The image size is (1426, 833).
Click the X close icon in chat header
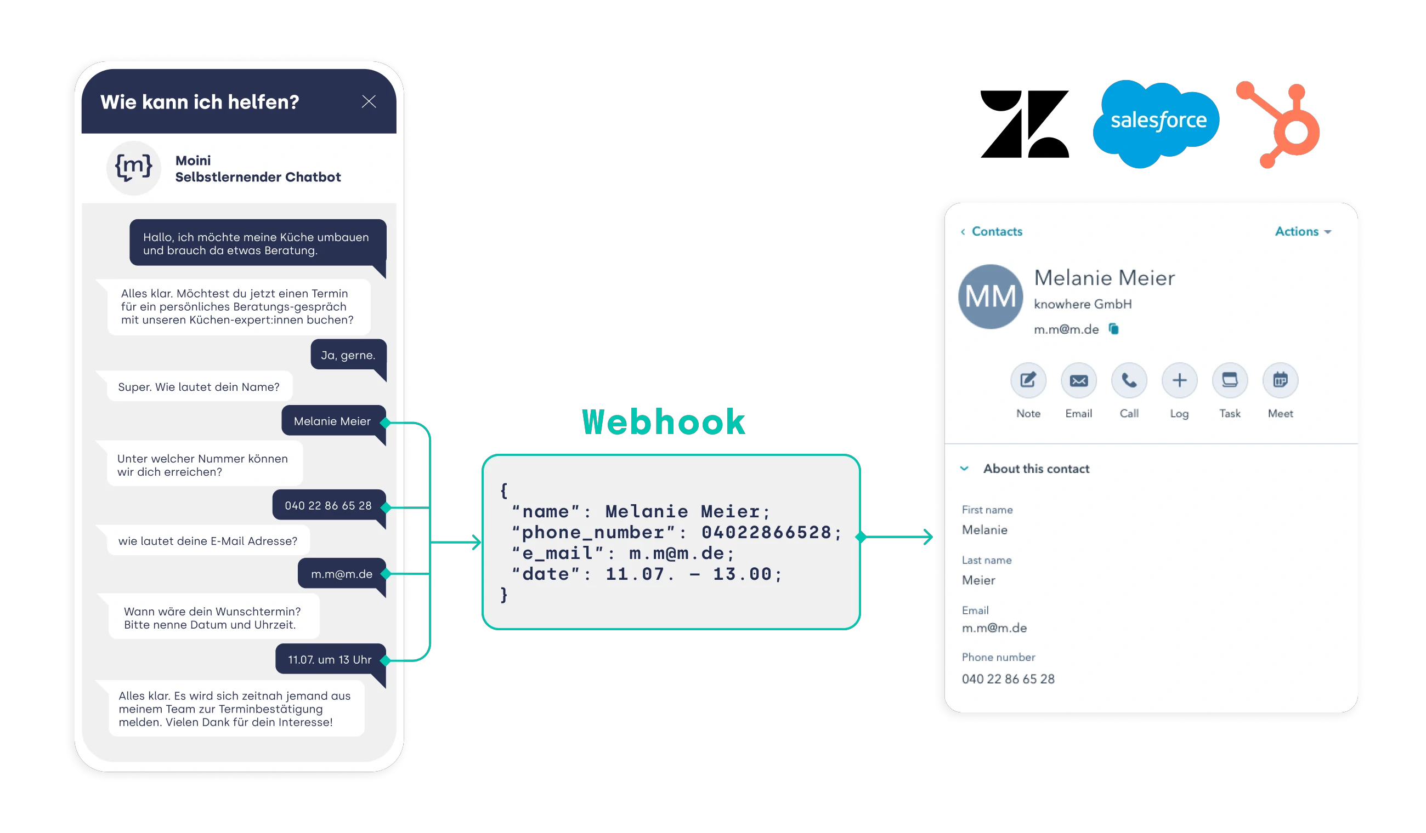coord(369,102)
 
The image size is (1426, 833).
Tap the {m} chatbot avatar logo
coord(133,168)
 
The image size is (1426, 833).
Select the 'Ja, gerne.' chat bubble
coord(348,355)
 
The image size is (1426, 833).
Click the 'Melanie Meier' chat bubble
coord(332,421)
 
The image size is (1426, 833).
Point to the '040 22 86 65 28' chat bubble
coord(328,506)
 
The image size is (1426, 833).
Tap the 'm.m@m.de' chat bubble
coord(341,574)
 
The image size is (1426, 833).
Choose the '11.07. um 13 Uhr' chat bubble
coord(330,659)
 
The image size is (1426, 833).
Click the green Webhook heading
coord(663,422)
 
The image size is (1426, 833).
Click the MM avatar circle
coord(991,296)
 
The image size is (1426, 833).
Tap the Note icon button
coord(1028,380)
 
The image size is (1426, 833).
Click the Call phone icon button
coord(1129,380)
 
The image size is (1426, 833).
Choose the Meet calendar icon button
coord(1280,380)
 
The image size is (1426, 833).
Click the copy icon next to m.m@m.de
coord(1113,329)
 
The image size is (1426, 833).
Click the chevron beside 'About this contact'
coord(964,468)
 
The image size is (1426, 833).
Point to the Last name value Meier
coord(978,580)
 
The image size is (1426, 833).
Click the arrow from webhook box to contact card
coord(899,537)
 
